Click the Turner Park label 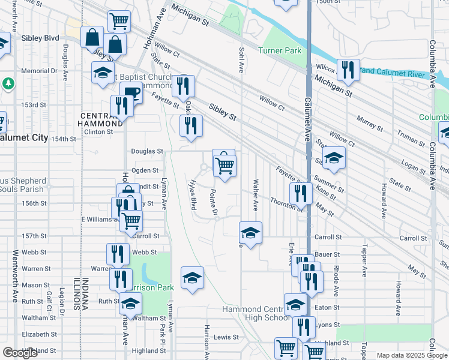pos(280,51)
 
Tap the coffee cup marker pos(130,93)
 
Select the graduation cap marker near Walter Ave pos(250,232)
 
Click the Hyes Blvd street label pos(193,196)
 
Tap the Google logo pos(19,353)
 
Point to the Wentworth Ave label pos(14,280)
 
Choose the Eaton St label pos(327,308)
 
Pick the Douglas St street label pos(147,151)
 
